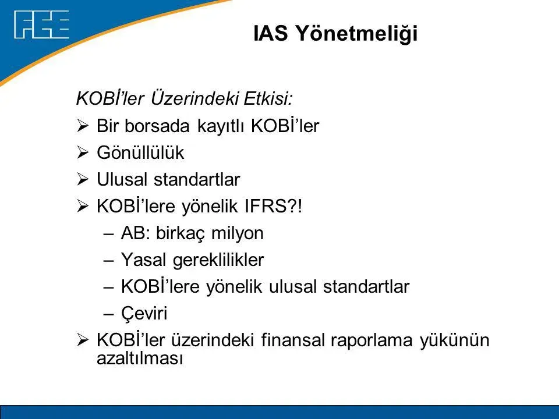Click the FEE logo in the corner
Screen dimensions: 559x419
coord(41,24)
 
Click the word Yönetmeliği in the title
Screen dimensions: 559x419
coord(357,34)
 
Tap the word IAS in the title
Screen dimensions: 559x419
coord(271,33)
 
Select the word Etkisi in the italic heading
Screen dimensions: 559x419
coord(268,99)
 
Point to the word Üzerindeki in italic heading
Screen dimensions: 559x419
coord(194,99)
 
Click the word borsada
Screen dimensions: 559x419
coord(157,126)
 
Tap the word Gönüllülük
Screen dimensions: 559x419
coord(140,152)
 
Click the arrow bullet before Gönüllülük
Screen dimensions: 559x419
coord(82,152)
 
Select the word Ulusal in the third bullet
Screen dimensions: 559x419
coord(122,179)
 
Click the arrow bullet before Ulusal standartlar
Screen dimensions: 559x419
coord(82,179)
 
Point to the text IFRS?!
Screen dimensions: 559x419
coord(274,206)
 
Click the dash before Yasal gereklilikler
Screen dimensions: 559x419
coord(108,261)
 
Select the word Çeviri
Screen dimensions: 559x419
coord(144,314)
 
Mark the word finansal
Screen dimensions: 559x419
coord(293,340)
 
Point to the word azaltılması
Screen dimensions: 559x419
coord(140,358)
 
